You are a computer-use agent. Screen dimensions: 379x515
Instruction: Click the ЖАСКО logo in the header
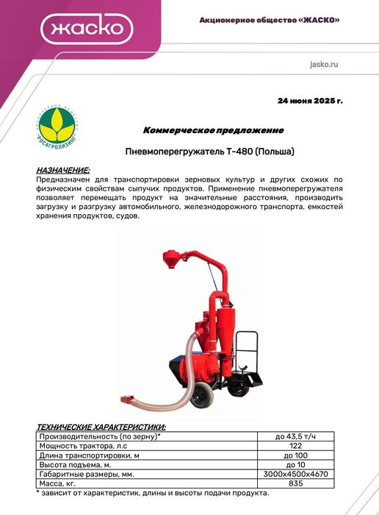point(87,30)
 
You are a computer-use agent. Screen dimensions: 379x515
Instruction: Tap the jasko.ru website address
point(325,65)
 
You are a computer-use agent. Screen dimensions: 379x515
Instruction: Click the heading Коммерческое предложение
point(212,130)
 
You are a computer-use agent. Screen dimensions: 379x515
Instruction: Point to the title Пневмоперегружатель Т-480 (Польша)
point(210,152)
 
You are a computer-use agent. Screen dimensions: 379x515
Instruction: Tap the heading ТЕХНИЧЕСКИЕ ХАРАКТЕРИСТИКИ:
point(101,427)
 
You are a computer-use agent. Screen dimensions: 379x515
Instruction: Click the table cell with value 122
point(295,446)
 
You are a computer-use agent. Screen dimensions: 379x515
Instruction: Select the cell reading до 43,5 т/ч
point(295,436)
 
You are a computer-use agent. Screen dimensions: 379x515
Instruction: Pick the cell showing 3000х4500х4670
point(295,475)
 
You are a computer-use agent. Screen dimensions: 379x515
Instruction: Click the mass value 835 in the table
point(295,484)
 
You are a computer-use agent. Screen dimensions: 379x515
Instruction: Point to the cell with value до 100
point(295,455)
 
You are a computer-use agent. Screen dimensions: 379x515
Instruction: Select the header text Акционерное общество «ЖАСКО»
point(270,20)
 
